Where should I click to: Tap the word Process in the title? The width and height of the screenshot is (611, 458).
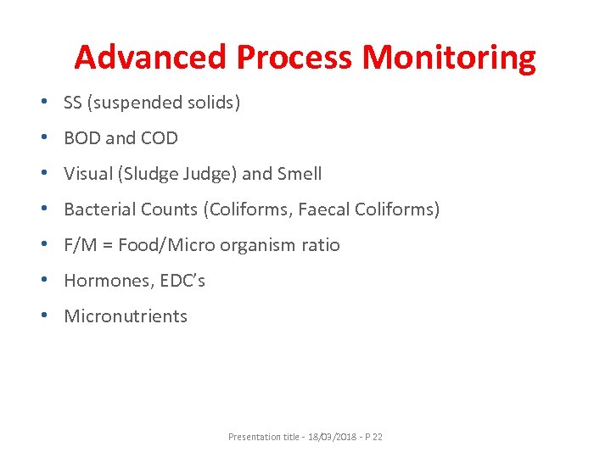pos(294,58)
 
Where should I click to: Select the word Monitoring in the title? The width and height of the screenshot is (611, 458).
pos(449,58)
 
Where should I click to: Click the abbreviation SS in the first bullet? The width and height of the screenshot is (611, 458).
pos(73,103)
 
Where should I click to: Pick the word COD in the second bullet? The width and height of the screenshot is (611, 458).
pos(160,138)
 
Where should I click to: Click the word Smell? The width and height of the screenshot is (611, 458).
pos(296,174)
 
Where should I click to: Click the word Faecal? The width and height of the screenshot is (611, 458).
pos(325,209)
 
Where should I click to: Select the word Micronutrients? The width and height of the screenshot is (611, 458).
pos(126,316)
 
